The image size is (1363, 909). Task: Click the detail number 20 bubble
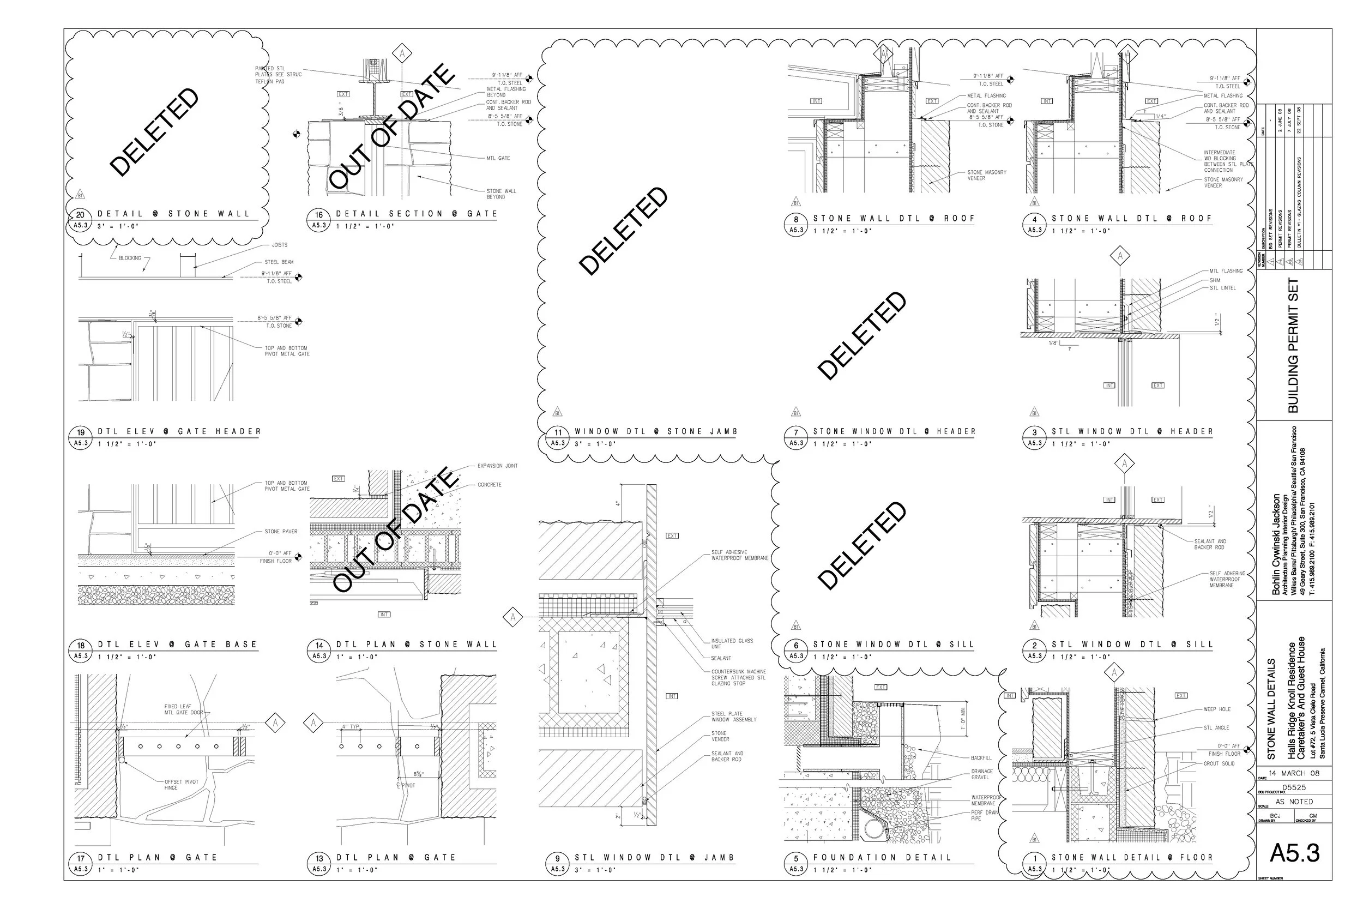tap(80, 215)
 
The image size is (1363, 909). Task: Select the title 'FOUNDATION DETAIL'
tap(882, 857)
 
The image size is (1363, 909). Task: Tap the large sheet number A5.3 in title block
tap(1295, 853)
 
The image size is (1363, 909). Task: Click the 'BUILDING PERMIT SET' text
tap(1293, 346)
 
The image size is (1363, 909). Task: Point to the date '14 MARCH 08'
tap(1293, 773)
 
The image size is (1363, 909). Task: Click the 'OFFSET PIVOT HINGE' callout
tap(181, 785)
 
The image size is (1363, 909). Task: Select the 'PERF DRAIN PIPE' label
tap(984, 815)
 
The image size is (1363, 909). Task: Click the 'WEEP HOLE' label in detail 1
tap(1216, 709)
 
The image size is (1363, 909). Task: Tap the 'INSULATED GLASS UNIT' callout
tap(732, 643)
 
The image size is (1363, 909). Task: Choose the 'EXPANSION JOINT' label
tap(497, 466)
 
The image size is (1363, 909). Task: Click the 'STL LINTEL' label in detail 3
tap(1222, 288)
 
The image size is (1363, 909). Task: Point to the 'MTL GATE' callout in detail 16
tap(498, 158)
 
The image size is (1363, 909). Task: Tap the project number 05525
tap(1293, 788)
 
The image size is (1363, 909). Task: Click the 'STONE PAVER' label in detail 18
tap(281, 532)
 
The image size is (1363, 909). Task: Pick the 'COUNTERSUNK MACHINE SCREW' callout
tap(738, 677)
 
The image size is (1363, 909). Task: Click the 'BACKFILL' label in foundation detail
tap(981, 758)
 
